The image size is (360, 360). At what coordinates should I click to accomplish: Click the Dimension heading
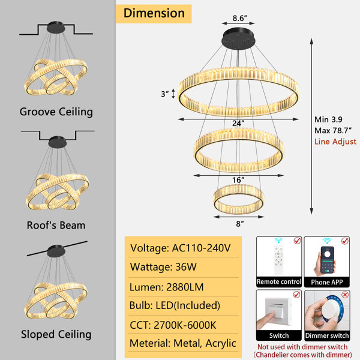(x=154, y=13)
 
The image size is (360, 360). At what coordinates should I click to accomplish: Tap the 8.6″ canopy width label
(x=239, y=18)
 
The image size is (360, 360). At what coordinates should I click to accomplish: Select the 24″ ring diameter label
(x=238, y=123)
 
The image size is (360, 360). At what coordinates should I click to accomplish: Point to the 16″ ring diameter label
(x=238, y=180)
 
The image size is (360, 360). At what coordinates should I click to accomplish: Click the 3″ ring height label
(x=164, y=94)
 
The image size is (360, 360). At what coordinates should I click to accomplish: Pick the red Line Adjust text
(x=335, y=142)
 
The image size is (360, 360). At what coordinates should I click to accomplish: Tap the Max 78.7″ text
(x=332, y=131)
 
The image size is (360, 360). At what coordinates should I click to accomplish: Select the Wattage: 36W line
(x=163, y=267)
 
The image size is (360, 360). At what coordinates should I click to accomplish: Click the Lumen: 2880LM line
(x=166, y=287)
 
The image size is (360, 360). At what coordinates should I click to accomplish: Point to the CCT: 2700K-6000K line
(x=173, y=325)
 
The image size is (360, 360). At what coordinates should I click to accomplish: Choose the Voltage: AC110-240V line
(x=180, y=248)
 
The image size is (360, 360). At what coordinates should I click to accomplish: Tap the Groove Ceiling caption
(x=56, y=112)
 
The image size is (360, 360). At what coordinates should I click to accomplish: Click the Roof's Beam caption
(x=56, y=225)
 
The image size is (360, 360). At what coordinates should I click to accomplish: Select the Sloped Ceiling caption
(x=56, y=334)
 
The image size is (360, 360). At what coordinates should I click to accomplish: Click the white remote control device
(x=278, y=260)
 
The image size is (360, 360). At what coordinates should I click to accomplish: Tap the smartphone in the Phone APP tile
(x=327, y=260)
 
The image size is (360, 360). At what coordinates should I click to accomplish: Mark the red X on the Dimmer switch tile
(x=345, y=295)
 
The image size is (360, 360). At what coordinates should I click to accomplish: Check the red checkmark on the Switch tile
(x=296, y=294)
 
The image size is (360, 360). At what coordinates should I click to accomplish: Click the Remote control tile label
(x=279, y=282)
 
